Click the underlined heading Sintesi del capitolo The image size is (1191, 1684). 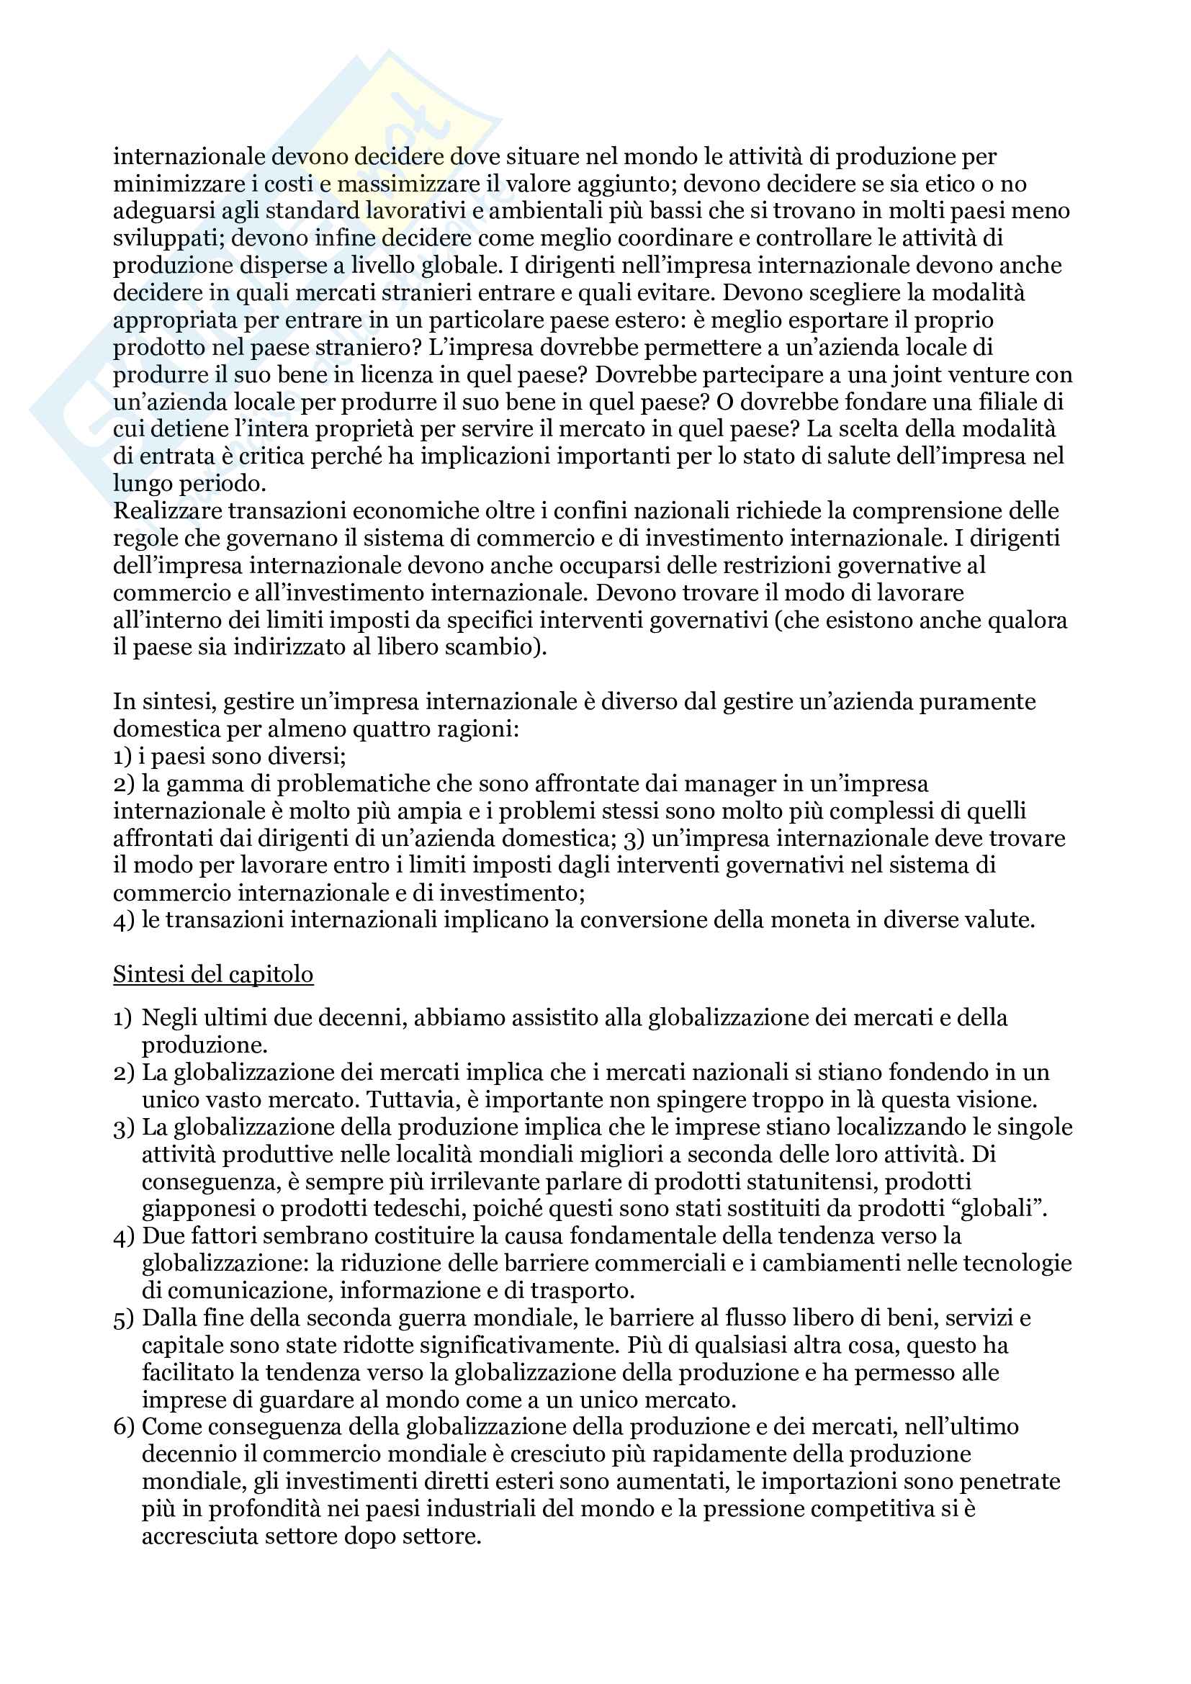[x=212, y=974]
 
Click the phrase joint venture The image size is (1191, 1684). [x=959, y=375]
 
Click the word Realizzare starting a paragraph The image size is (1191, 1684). [x=167, y=510]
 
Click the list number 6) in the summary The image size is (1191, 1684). [x=123, y=1426]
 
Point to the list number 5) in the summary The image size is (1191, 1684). [x=123, y=1318]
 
